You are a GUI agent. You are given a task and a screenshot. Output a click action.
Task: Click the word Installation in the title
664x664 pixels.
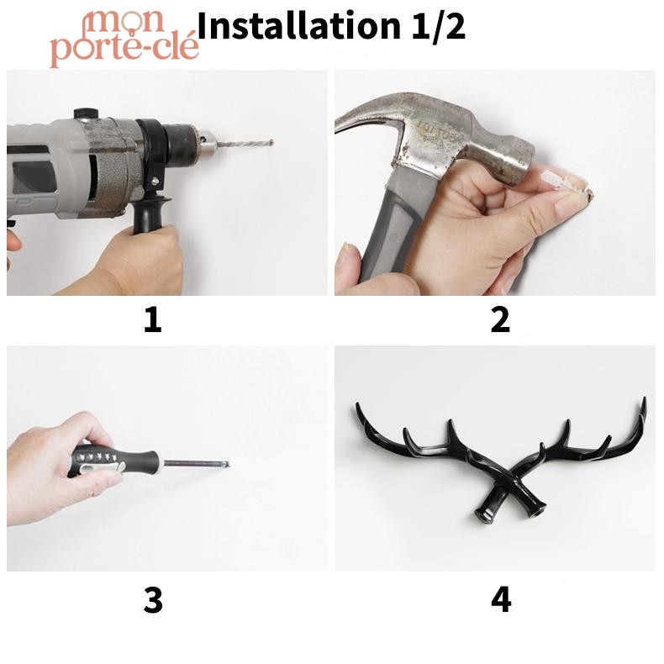[x=299, y=26]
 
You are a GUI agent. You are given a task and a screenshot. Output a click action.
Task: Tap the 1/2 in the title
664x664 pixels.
[x=439, y=26]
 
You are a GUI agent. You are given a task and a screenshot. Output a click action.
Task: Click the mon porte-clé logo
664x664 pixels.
[x=124, y=38]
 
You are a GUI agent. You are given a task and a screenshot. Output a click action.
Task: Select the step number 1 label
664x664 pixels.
[x=153, y=320]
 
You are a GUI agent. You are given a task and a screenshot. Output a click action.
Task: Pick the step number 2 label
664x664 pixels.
[x=500, y=320]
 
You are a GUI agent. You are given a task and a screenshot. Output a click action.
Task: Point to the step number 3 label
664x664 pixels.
[x=153, y=600]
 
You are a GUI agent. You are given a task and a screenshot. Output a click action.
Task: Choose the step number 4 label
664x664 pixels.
[x=501, y=599]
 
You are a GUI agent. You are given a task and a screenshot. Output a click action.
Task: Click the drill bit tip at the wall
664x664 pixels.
[x=271, y=143]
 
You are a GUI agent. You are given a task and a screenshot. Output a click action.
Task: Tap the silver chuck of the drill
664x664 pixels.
[x=208, y=145]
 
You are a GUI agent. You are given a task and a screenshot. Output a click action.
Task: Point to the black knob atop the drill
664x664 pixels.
[x=86, y=114]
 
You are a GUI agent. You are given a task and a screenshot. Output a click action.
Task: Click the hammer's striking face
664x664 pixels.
[x=522, y=164]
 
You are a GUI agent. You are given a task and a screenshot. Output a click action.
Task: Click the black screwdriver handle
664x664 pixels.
[x=114, y=461]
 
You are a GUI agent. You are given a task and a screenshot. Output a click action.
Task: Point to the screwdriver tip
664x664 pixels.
[x=227, y=464]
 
